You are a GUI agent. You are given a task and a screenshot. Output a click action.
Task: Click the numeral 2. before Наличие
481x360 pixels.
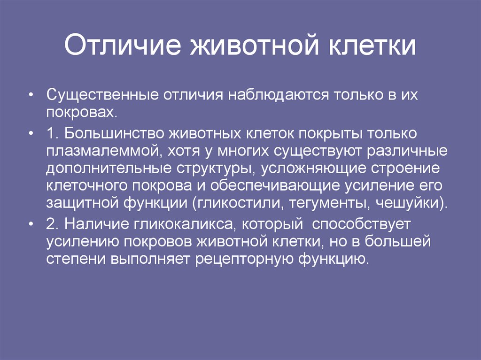pos(52,224)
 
